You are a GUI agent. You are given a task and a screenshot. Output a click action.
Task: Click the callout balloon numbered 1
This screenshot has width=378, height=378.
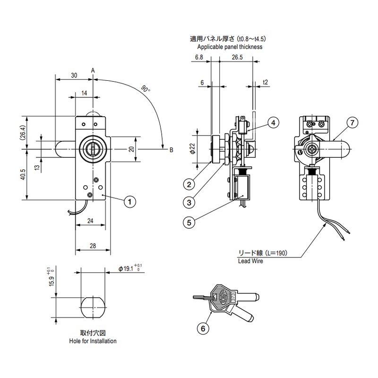point(129,202)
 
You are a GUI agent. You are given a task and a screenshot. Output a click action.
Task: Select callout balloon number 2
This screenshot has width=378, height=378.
point(189,184)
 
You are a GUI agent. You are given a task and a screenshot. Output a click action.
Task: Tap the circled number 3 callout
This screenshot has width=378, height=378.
point(189,202)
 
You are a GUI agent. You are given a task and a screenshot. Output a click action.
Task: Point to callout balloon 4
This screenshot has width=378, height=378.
point(273,123)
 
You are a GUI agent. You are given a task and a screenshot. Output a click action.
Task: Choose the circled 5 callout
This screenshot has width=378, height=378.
point(189,222)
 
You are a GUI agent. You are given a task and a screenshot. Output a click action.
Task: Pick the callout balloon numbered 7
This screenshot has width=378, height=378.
point(352,123)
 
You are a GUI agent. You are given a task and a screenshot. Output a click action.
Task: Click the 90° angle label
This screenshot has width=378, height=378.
point(146,89)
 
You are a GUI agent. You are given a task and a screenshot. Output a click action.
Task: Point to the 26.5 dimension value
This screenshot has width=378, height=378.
point(237,58)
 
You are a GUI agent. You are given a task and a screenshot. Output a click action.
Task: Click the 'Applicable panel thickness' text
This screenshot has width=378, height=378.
point(230,47)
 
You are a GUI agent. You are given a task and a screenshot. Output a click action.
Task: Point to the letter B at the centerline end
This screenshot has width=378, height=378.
point(171,150)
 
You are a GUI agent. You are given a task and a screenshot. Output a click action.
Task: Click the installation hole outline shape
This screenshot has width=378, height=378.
point(92,307)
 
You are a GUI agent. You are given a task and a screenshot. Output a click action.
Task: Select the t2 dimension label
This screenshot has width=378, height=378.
point(265,82)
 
